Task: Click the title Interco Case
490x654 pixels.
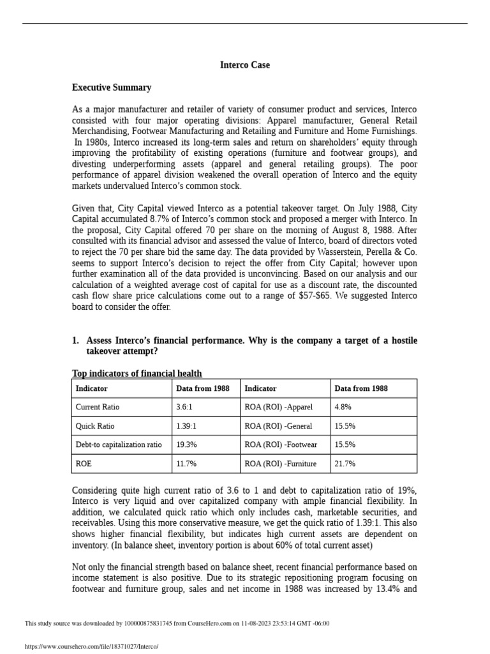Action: click(x=244, y=65)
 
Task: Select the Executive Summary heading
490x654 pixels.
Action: click(x=112, y=87)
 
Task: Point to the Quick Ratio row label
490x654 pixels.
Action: click(x=95, y=426)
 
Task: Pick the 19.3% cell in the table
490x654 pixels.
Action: click(x=186, y=445)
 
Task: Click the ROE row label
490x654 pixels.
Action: click(x=84, y=464)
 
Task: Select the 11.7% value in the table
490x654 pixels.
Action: click(x=186, y=464)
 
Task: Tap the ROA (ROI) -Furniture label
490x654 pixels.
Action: click(x=280, y=464)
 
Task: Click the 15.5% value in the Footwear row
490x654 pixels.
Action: click(x=345, y=445)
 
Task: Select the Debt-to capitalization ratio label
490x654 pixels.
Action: click(x=119, y=445)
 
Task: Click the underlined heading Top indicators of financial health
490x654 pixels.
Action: click(x=137, y=374)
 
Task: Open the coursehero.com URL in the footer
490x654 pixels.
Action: click(x=91, y=646)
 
